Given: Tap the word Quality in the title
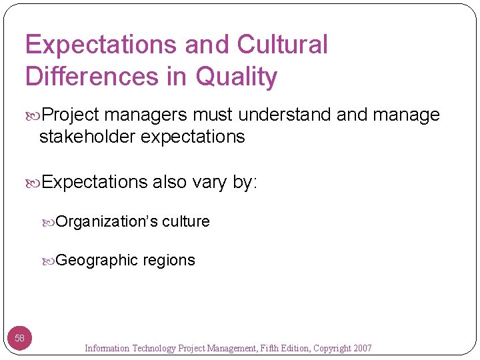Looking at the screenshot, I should tap(236, 77).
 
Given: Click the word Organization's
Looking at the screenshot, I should tap(107, 221).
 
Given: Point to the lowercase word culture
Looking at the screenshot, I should tap(186, 221).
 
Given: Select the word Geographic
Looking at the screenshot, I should tap(97, 260).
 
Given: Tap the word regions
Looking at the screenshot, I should tap(169, 260).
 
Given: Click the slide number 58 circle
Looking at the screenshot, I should tap(20, 338).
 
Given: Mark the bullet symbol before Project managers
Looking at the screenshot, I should tap(35, 115).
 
